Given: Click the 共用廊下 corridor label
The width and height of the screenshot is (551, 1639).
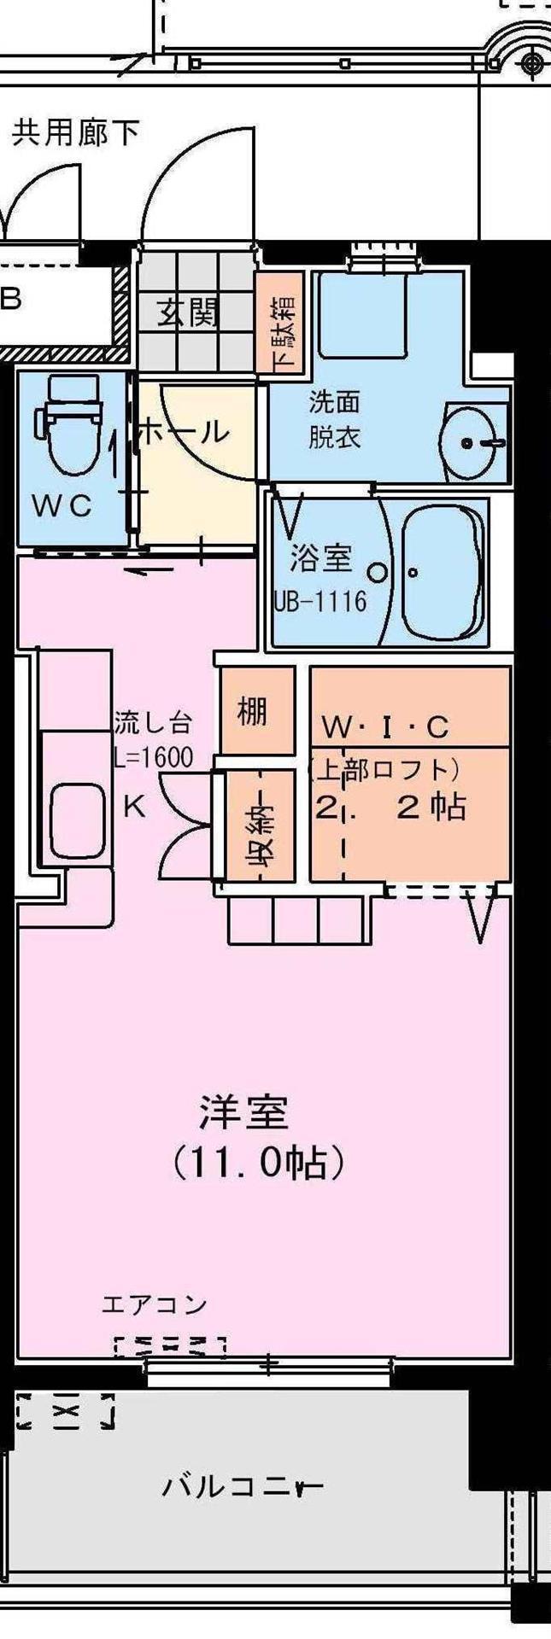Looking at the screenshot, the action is [x=76, y=133].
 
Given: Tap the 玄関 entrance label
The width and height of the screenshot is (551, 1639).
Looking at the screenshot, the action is [x=187, y=314].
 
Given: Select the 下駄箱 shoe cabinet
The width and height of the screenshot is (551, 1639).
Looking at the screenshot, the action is [x=280, y=321].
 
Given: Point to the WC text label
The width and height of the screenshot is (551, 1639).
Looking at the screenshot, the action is [x=62, y=506].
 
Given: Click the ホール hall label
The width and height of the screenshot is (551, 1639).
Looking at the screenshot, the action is [x=184, y=432].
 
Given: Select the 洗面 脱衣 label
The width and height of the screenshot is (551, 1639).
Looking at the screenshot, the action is [x=335, y=419].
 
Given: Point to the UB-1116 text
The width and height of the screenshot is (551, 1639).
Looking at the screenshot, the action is [x=320, y=601].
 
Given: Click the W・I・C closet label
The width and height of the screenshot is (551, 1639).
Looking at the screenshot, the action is [x=384, y=726].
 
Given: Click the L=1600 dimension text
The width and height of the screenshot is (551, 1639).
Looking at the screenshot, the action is [x=153, y=758].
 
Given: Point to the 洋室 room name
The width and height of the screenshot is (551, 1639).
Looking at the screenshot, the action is [x=244, y=1112].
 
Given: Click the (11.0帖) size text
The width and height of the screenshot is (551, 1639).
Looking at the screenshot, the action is [x=260, y=1162].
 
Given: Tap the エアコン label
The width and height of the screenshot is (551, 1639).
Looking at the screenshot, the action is [x=155, y=1304].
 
